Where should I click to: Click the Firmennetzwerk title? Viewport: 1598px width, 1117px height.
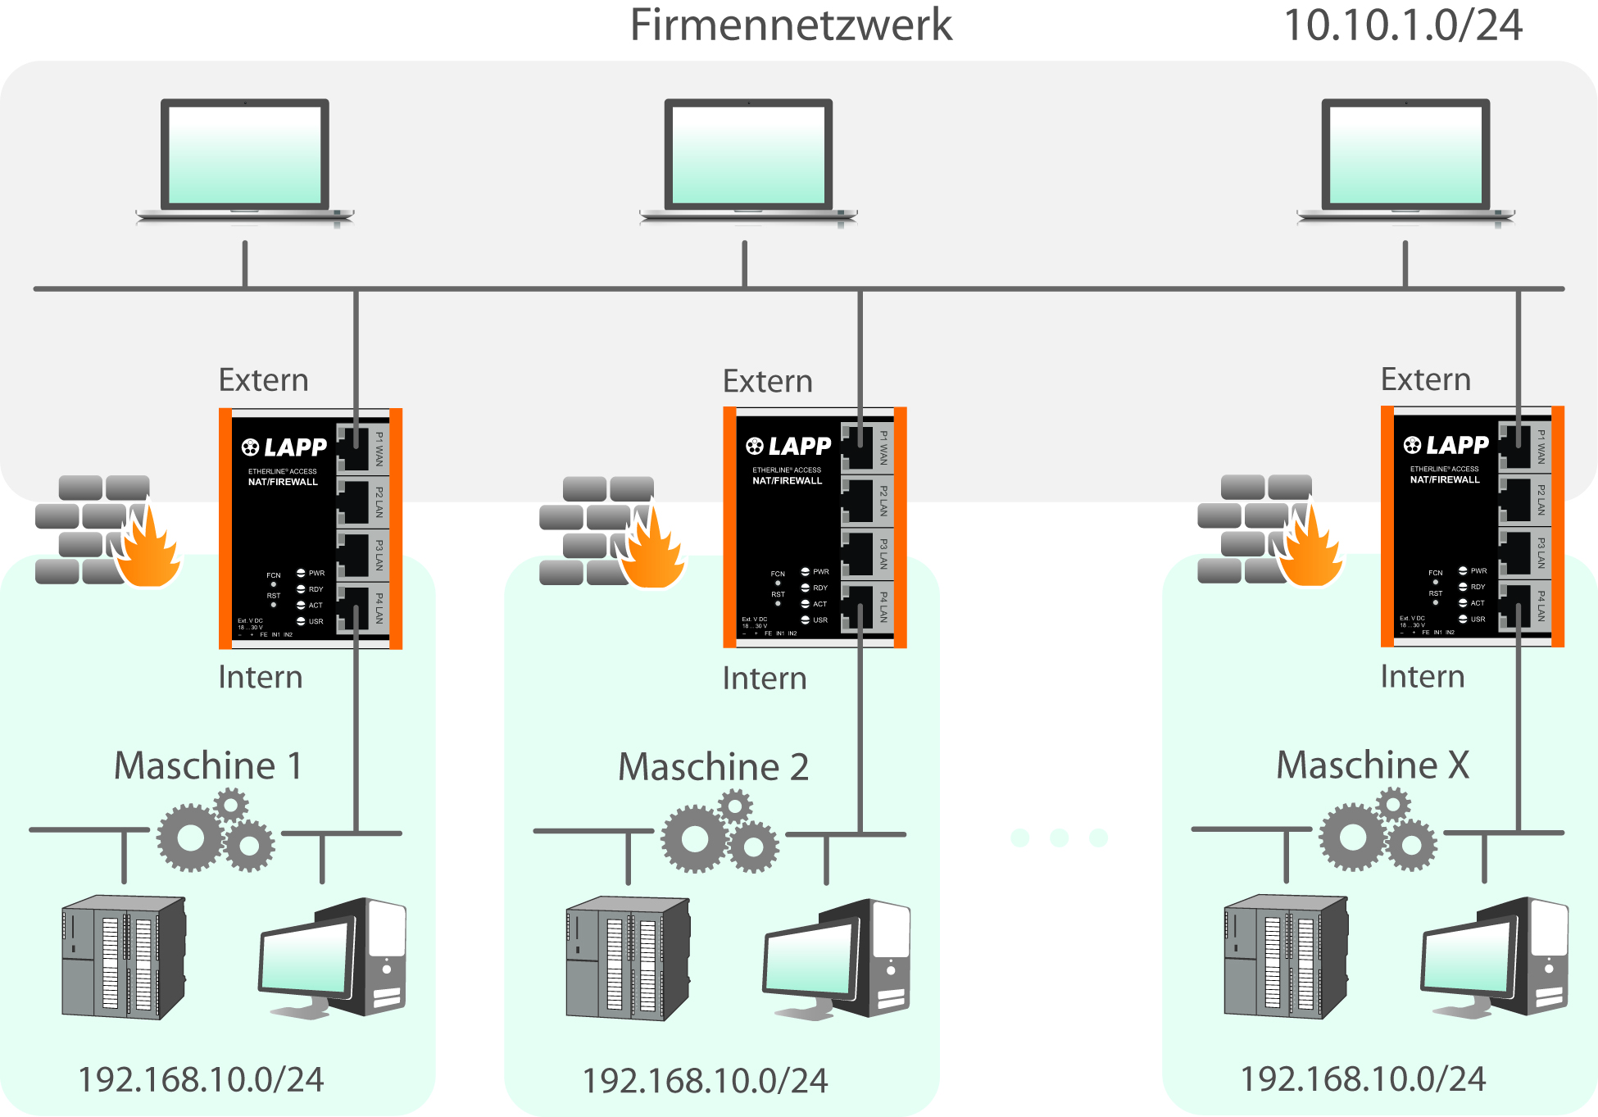coord(790,25)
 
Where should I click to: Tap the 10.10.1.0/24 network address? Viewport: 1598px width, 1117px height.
coord(1402,25)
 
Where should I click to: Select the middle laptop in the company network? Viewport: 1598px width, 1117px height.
coord(747,160)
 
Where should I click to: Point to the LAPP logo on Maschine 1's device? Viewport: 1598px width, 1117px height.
coord(284,447)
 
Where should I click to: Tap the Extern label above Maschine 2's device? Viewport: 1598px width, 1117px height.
coord(767,381)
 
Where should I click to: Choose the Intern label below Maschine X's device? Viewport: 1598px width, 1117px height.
coord(1422,677)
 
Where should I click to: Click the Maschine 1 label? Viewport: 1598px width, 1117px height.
coord(208,765)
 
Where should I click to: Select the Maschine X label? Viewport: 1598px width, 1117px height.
coord(1373,765)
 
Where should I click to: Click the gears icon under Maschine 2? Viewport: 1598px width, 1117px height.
coord(720,832)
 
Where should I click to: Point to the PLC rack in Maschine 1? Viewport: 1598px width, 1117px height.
coord(124,956)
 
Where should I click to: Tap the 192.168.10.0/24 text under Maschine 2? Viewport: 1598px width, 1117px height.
coord(705,1080)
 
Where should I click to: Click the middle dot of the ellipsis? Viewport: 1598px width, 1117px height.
coord(1059,838)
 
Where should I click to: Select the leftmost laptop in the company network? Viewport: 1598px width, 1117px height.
coord(244,160)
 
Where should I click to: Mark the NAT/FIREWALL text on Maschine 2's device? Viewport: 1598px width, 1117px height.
coord(787,481)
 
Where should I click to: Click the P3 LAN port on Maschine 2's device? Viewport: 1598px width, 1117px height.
coord(858,554)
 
